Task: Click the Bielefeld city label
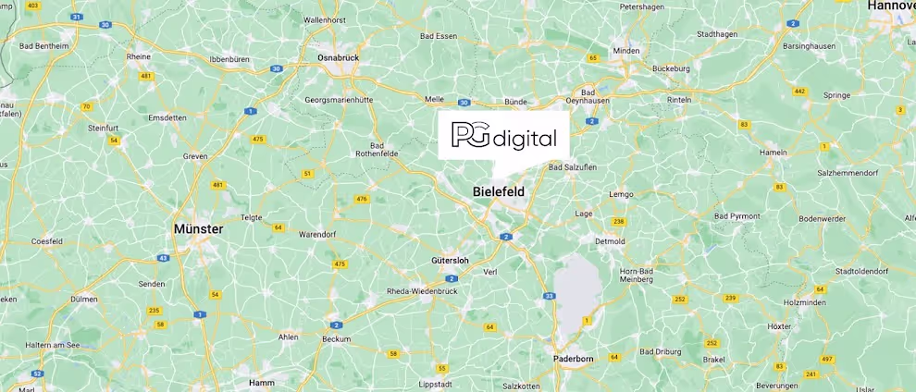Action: tap(498, 191)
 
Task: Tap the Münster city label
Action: tap(198, 227)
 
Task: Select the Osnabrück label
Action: tap(338, 57)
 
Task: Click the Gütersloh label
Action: tap(450, 261)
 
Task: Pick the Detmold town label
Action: tap(610, 241)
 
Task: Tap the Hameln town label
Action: tap(773, 152)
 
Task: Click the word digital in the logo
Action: tap(525, 140)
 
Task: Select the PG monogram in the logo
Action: tap(470, 135)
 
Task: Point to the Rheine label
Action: tap(138, 56)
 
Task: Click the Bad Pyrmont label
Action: tap(737, 216)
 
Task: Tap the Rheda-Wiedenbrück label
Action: tap(421, 291)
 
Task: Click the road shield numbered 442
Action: tap(799, 92)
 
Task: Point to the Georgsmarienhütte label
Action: tap(338, 99)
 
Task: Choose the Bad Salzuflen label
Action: tap(573, 167)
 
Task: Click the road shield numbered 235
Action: tap(154, 311)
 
